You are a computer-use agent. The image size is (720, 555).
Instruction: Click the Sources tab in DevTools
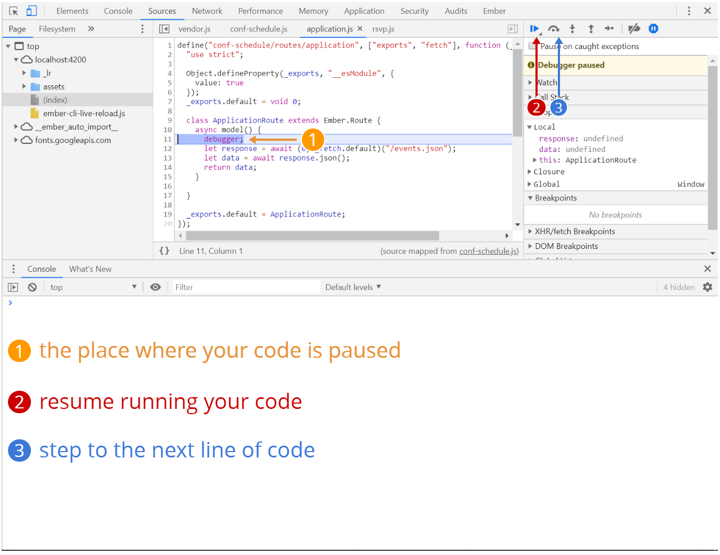pyautogui.click(x=162, y=11)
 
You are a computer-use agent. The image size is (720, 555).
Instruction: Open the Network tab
pyautogui.click(x=207, y=11)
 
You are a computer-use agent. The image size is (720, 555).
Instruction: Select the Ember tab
pyautogui.click(x=494, y=11)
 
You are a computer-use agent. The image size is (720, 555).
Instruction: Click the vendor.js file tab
pyautogui.click(x=194, y=29)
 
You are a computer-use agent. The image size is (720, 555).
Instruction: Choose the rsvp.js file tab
pyautogui.click(x=383, y=29)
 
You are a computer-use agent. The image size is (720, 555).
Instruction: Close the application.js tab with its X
pyautogui.click(x=360, y=29)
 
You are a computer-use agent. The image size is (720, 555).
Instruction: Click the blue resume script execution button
pyautogui.click(x=534, y=29)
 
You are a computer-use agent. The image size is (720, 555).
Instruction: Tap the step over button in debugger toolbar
pyautogui.click(x=554, y=29)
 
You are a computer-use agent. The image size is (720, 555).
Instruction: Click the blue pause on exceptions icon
pyautogui.click(x=653, y=29)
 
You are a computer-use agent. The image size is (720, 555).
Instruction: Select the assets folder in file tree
pyautogui.click(x=53, y=87)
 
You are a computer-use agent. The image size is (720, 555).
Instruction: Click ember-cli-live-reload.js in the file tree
pyautogui.click(x=84, y=114)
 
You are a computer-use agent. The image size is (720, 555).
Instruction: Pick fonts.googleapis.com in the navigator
pyautogui.click(x=73, y=140)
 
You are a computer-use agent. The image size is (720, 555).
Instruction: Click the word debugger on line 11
pyautogui.click(x=222, y=139)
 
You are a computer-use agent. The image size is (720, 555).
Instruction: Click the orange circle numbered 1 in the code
pyautogui.click(x=313, y=140)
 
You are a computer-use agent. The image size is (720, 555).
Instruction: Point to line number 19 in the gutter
pyautogui.click(x=167, y=214)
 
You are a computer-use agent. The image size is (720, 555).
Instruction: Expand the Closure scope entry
pyautogui.click(x=549, y=172)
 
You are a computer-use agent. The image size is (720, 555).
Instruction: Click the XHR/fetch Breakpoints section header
pyautogui.click(x=574, y=231)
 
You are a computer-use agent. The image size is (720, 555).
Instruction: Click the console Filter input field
pyautogui.click(x=245, y=287)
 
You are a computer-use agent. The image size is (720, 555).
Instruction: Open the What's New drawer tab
pyautogui.click(x=90, y=269)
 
